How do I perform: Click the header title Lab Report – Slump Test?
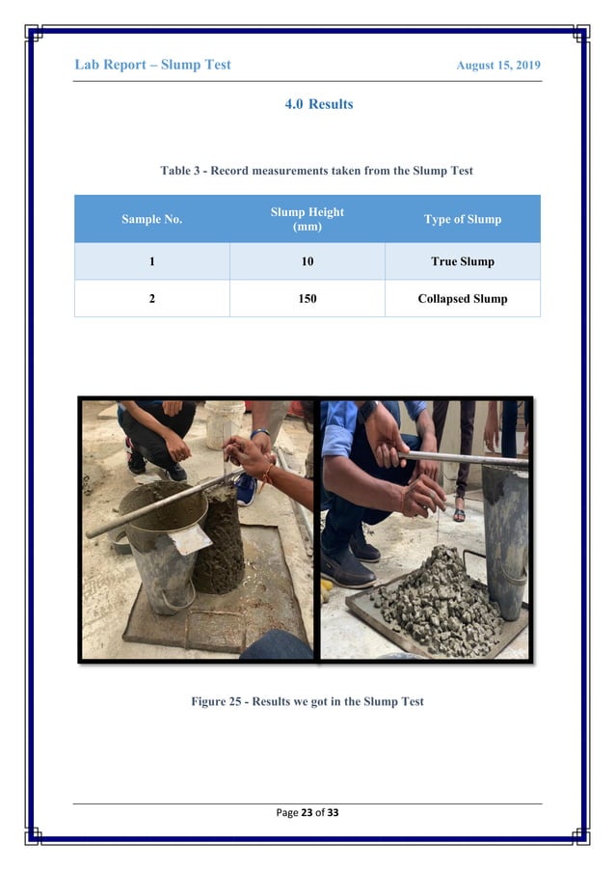tap(152, 65)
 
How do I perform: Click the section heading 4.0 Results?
tap(318, 104)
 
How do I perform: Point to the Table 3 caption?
tap(316, 171)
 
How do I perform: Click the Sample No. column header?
tap(151, 219)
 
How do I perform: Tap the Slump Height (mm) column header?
tap(307, 219)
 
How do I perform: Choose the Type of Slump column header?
tap(462, 219)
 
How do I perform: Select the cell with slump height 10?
tap(307, 261)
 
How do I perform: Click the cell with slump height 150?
tap(307, 299)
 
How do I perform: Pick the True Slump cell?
tap(462, 261)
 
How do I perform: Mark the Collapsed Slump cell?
tap(462, 299)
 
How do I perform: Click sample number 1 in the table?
tap(151, 261)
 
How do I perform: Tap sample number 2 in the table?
tap(151, 299)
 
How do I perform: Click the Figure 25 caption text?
tap(307, 701)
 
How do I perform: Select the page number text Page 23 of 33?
tap(307, 812)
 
